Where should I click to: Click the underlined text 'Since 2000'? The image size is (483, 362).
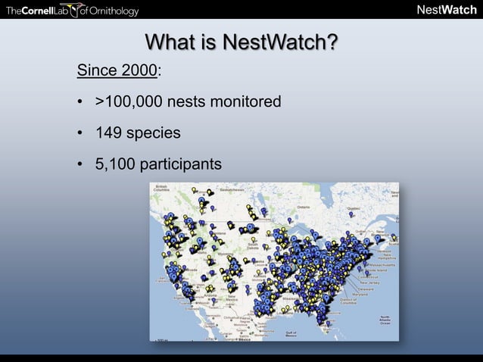coord(117,71)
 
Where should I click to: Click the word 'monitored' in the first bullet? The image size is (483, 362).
coord(245,101)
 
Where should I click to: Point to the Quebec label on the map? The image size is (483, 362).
coord(353,205)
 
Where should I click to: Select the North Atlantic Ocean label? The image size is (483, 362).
coord(385,321)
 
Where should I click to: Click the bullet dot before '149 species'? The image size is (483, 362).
coord(79,133)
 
